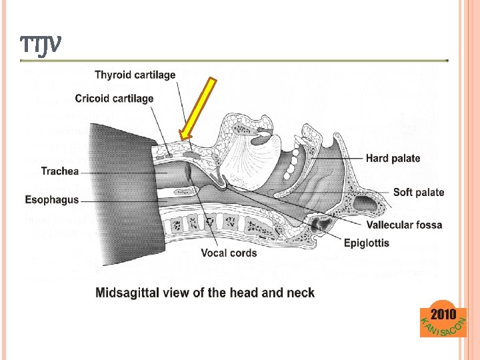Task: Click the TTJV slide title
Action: click(x=41, y=45)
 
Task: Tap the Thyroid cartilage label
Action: click(x=135, y=75)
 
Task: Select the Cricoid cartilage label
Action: click(x=114, y=99)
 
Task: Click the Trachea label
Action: click(x=60, y=171)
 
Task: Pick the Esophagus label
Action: click(x=51, y=199)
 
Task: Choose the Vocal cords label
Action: click(x=229, y=253)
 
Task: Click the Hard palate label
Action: click(x=393, y=159)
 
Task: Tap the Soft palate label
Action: click(x=419, y=193)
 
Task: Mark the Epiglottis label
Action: click(x=367, y=243)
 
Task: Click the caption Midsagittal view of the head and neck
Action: click(x=205, y=293)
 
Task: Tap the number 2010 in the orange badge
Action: click(x=443, y=314)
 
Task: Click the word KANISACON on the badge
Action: click(x=441, y=328)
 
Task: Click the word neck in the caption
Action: click(x=301, y=293)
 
